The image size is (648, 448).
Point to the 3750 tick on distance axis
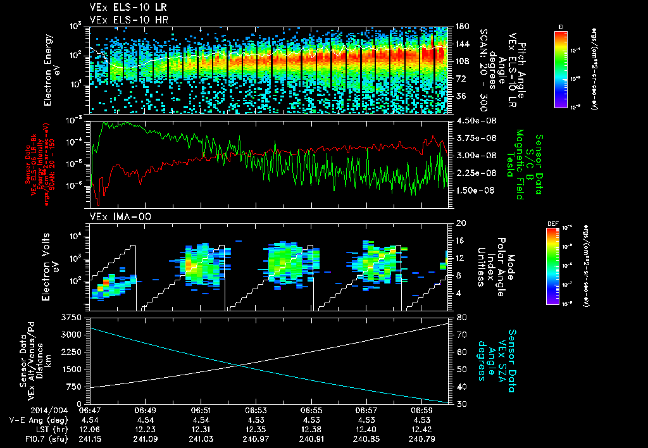[x=72, y=317]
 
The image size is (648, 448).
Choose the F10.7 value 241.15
[x=90, y=439]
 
